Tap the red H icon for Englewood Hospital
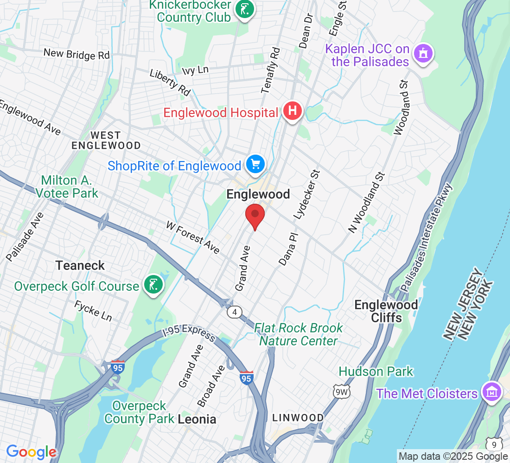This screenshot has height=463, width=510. (x=293, y=112)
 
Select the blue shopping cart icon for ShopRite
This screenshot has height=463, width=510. (x=255, y=164)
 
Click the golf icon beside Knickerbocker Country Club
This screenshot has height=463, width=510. (x=244, y=9)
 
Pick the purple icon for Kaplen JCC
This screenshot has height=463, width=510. (x=423, y=54)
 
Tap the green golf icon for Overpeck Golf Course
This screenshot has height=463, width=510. (x=153, y=285)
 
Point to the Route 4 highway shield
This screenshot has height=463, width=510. (x=235, y=313)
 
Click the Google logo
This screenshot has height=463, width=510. (x=32, y=452)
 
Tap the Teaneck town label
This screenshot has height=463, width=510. (x=80, y=265)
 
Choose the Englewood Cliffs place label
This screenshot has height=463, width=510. (x=386, y=311)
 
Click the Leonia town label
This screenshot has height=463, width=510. (x=197, y=419)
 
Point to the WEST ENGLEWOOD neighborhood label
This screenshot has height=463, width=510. (x=106, y=140)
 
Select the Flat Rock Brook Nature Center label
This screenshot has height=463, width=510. (x=299, y=334)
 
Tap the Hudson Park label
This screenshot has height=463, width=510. (x=376, y=371)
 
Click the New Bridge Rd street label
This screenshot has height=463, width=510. (x=76, y=54)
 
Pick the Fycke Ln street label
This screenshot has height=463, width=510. (x=93, y=311)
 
